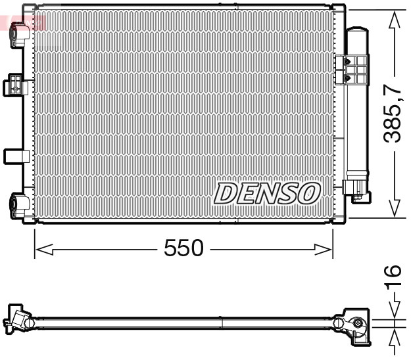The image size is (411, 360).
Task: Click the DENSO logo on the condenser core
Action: tap(267, 193)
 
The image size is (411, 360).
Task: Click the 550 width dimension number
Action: tap(183, 249)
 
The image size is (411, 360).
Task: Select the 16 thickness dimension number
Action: tap(393, 277)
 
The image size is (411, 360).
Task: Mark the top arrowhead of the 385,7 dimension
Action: tap(394, 20)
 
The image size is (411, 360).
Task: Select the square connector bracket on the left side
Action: tap(14, 85)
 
